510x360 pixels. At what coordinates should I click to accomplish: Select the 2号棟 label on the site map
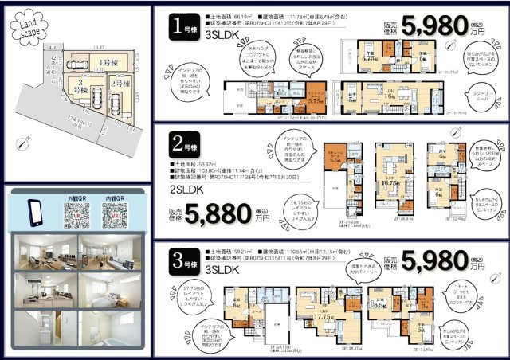click(x=119, y=84)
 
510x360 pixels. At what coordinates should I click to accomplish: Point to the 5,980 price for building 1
click(x=437, y=25)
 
